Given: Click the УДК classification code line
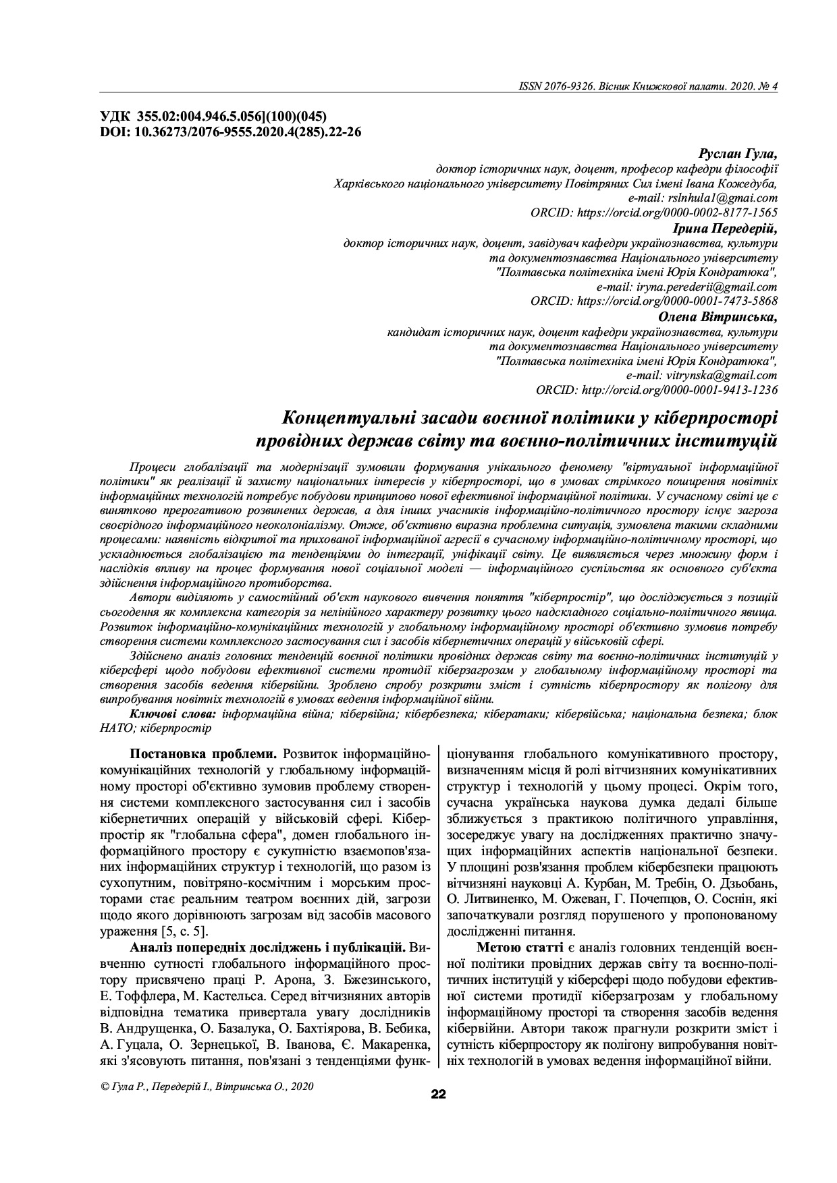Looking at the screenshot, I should [213, 117].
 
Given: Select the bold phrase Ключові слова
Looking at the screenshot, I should [173, 714].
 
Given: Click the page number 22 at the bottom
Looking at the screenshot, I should [438, 1095].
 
